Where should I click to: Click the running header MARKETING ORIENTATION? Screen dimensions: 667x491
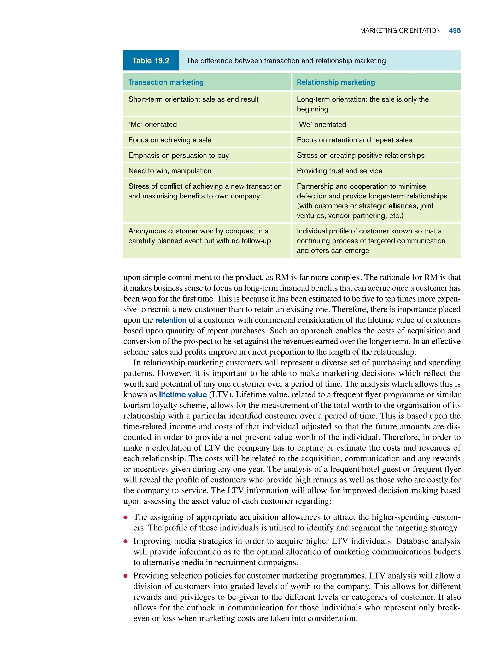click(400, 31)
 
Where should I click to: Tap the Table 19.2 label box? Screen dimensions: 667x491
click(151, 61)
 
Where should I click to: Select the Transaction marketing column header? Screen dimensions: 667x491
click(166, 82)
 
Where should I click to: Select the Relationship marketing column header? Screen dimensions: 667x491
click(336, 82)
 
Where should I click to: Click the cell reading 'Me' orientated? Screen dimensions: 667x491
click(152, 124)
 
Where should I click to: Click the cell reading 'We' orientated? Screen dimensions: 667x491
click(321, 124)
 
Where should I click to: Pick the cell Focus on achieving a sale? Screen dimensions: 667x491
click(170, 140)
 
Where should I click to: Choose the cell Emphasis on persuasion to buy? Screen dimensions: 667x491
click(178, 155)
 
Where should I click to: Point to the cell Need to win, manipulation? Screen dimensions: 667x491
click(170, 171)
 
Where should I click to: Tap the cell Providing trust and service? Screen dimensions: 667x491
click(339, 171)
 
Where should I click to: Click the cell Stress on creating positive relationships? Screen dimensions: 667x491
click(360, 155)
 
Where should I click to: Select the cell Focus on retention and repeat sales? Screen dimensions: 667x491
click(354, 140)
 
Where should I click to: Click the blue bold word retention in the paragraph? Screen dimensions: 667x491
click(171, 320)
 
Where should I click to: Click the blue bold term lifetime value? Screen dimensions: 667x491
click(182, 394)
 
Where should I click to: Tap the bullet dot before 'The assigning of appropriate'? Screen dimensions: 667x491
click(126, 517)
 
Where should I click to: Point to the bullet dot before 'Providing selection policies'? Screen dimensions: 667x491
click(126, 576)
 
